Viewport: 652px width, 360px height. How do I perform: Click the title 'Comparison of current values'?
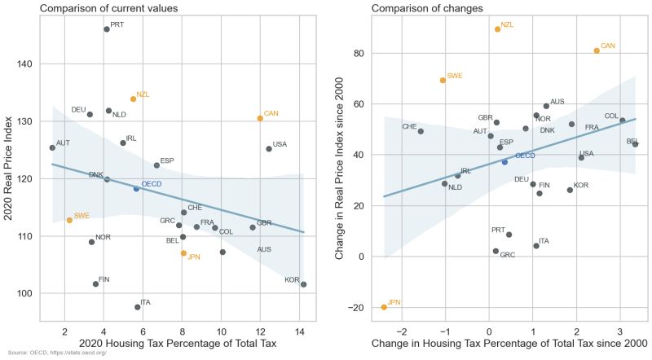pos(109,8)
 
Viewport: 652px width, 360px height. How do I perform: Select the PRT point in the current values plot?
pos(107,29)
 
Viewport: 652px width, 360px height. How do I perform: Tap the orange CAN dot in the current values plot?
pos(260,118)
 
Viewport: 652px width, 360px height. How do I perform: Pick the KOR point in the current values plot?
pos(303,284)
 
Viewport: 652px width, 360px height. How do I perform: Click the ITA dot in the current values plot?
pos(138,307)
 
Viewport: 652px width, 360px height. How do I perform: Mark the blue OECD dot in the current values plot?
pos(136,188)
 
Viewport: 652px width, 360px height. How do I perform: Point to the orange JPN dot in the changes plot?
pos(384,307)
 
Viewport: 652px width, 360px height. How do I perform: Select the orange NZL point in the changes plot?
pos(497,29)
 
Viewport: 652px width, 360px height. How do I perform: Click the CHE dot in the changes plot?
pos(421,131)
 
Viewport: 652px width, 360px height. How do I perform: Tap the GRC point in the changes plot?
pos(496,251)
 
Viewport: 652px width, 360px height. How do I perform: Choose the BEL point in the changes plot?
pos(636,144)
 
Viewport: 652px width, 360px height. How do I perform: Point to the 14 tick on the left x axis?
pos(300,332)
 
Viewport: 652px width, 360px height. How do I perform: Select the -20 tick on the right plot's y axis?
pos(355,307)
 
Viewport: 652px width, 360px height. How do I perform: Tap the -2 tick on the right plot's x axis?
pos(399,332)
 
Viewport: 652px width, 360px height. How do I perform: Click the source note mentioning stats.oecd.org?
pos(63,352)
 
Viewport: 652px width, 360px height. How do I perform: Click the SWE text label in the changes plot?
pos(455,76)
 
